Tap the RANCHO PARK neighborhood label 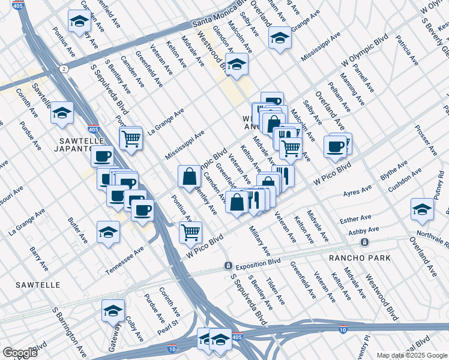(360, 258)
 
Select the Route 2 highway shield (63, 69)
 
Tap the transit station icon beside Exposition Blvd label (228, 266)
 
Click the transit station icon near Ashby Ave (364, 242)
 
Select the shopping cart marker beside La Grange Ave (130, 139)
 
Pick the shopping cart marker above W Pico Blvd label (190, 232)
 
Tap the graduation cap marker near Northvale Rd (422, 209)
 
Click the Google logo (20, 353)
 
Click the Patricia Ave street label (406, 52)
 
